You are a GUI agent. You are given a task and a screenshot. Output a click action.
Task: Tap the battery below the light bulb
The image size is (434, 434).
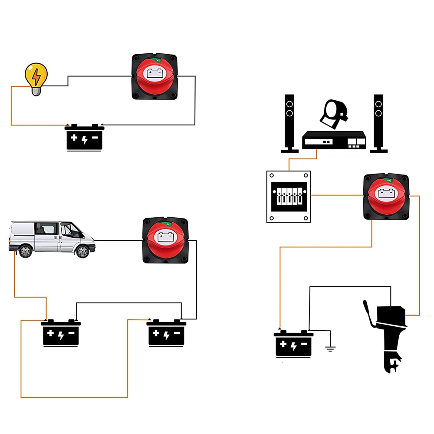click(x=85, y=138)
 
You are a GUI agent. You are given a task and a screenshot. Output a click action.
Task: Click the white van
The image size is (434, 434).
click(x=52, y=239)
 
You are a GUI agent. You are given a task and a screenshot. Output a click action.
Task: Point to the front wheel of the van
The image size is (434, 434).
click(x=82, y=251)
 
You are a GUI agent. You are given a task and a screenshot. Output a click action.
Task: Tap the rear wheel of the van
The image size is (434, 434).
click(x=25, y=251)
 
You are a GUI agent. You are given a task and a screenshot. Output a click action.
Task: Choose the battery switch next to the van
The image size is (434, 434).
click(x=165, y=240)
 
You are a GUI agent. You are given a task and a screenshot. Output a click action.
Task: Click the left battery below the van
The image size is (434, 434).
click(x=61, y=333)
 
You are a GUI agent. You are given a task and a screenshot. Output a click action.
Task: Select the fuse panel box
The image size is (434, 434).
click(x=289, y=196)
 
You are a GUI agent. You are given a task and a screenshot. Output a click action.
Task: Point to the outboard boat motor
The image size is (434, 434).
click(x=389, y=334)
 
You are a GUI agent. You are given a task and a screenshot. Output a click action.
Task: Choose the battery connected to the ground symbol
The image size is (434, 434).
click(x=293, y=344)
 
